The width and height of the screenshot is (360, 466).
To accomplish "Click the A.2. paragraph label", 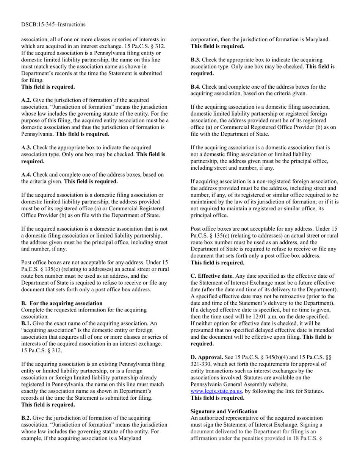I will [x=27, y=100].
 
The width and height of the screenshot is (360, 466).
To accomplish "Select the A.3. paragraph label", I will [x=27, y=147].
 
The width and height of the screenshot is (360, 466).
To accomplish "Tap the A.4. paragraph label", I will [x=27, y=175].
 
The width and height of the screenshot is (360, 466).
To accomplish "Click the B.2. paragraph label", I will [x=27, y=418].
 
